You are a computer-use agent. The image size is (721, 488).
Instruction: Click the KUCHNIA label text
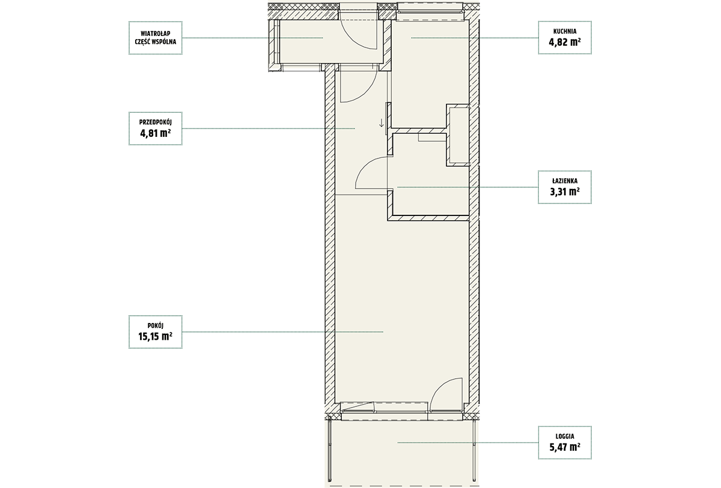point(565,31)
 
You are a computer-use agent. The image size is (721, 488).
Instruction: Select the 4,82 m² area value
point(565,42)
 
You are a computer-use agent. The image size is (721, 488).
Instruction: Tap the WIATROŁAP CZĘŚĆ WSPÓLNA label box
point(156,38)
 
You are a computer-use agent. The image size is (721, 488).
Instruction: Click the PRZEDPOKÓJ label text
point(156,122)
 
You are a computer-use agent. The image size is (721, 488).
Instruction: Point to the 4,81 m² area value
point(156,133)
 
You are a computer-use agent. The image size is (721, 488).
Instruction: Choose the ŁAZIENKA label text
point(565,181)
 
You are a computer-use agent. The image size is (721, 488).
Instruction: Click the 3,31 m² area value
point(565,191)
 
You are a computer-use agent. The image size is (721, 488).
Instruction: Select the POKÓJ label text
point(156,326)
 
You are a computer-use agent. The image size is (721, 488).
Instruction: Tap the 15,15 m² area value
point(156,336)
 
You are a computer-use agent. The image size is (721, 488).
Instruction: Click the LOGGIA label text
point(565,436)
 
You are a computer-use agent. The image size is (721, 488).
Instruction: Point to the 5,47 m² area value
point(565,447)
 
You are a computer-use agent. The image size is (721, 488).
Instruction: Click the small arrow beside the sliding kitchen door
point(382,122)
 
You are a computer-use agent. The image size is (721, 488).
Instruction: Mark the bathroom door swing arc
point(371,172)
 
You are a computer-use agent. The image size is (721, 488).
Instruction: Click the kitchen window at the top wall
point(430,11)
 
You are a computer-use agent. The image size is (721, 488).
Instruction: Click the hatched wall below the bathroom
point(428,218)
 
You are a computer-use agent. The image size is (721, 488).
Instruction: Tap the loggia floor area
point(402,453)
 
